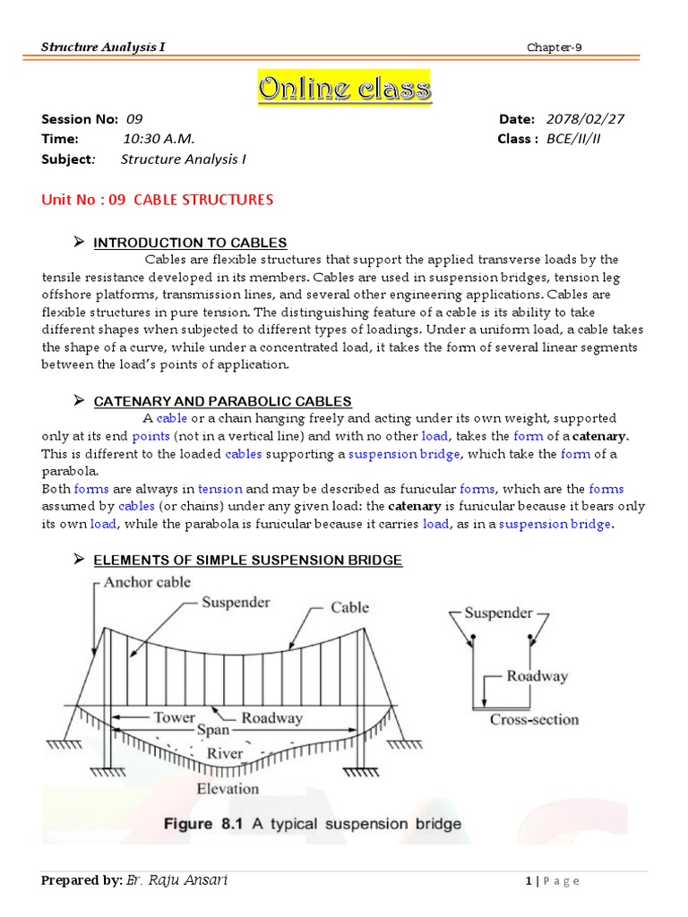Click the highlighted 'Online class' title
[x=344, y=89]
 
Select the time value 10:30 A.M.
[x=159, y=139]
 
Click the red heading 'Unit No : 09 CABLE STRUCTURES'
[x=157, y=199]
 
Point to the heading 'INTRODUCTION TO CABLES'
[x=190, y=243]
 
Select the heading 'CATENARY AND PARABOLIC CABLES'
[x=222, y=401]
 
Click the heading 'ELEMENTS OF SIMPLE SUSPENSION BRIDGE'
[x=247, y=561]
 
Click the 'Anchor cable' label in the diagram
[x=147, y=582]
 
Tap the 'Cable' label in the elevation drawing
[x=349, y=607]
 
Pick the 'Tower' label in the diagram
[x=174, y=718]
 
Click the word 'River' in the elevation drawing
[x=225, y=753]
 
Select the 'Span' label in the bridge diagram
[x=212, y=730]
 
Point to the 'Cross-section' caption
[x=534, y=719]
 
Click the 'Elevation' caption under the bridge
[x=228, y=789]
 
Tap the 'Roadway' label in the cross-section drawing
[x=537, y=677]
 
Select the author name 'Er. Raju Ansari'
[x=177, y=880]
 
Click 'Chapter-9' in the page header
[x=554, y=47]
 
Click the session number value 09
[x=134, y=119]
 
